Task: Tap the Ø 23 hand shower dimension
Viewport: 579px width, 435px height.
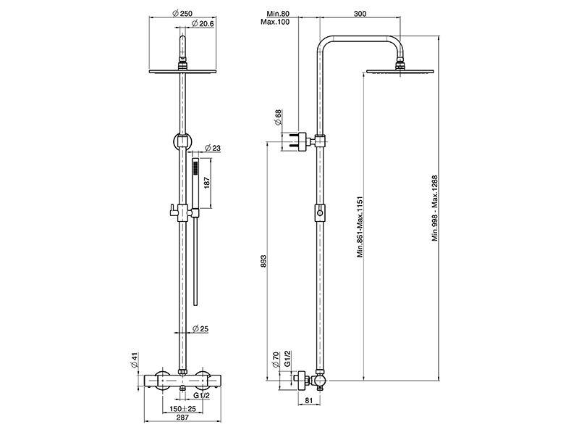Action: click(212, 148)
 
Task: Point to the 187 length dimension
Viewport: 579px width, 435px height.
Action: click(207, 183)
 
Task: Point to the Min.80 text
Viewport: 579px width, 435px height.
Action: click(278, 14)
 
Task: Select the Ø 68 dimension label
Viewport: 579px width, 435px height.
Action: click(279, 117)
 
